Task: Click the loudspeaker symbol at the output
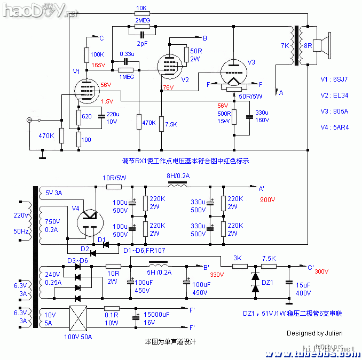319,45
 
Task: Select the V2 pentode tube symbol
172,66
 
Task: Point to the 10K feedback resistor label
142,9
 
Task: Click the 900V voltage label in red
269,199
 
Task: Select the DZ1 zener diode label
267,283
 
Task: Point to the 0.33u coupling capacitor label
127,54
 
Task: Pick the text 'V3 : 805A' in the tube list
334,111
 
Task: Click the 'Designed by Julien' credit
314,333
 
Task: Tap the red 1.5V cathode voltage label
107,101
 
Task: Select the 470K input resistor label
46,136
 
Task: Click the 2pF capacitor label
142,43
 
